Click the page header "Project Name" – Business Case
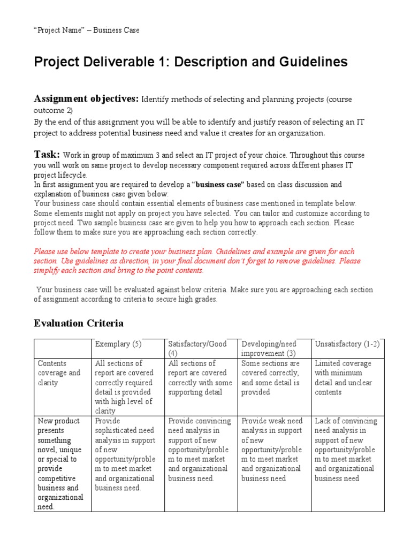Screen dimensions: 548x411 pos(87,31)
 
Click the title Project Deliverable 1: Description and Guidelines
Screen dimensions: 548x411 pos(191,62)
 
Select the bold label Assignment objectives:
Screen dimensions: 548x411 pos(86,98)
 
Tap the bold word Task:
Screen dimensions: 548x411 pos(47,154)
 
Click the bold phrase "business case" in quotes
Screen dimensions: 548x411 pos(219,185)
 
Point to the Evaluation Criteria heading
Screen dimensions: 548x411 pos(79,323)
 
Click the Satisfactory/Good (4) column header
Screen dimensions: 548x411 pos(197,348)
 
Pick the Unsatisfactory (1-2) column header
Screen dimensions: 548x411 pos(347,344)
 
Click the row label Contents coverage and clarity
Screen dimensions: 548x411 pos(59,373)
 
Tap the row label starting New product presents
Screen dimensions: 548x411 pos(60,463)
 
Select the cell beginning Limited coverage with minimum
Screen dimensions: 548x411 pos(343,378)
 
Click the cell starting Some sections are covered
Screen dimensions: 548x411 pos(271,378)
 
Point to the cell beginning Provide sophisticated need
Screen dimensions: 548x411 pos(125,454)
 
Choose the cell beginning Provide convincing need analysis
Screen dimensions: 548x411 pos(200,450)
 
